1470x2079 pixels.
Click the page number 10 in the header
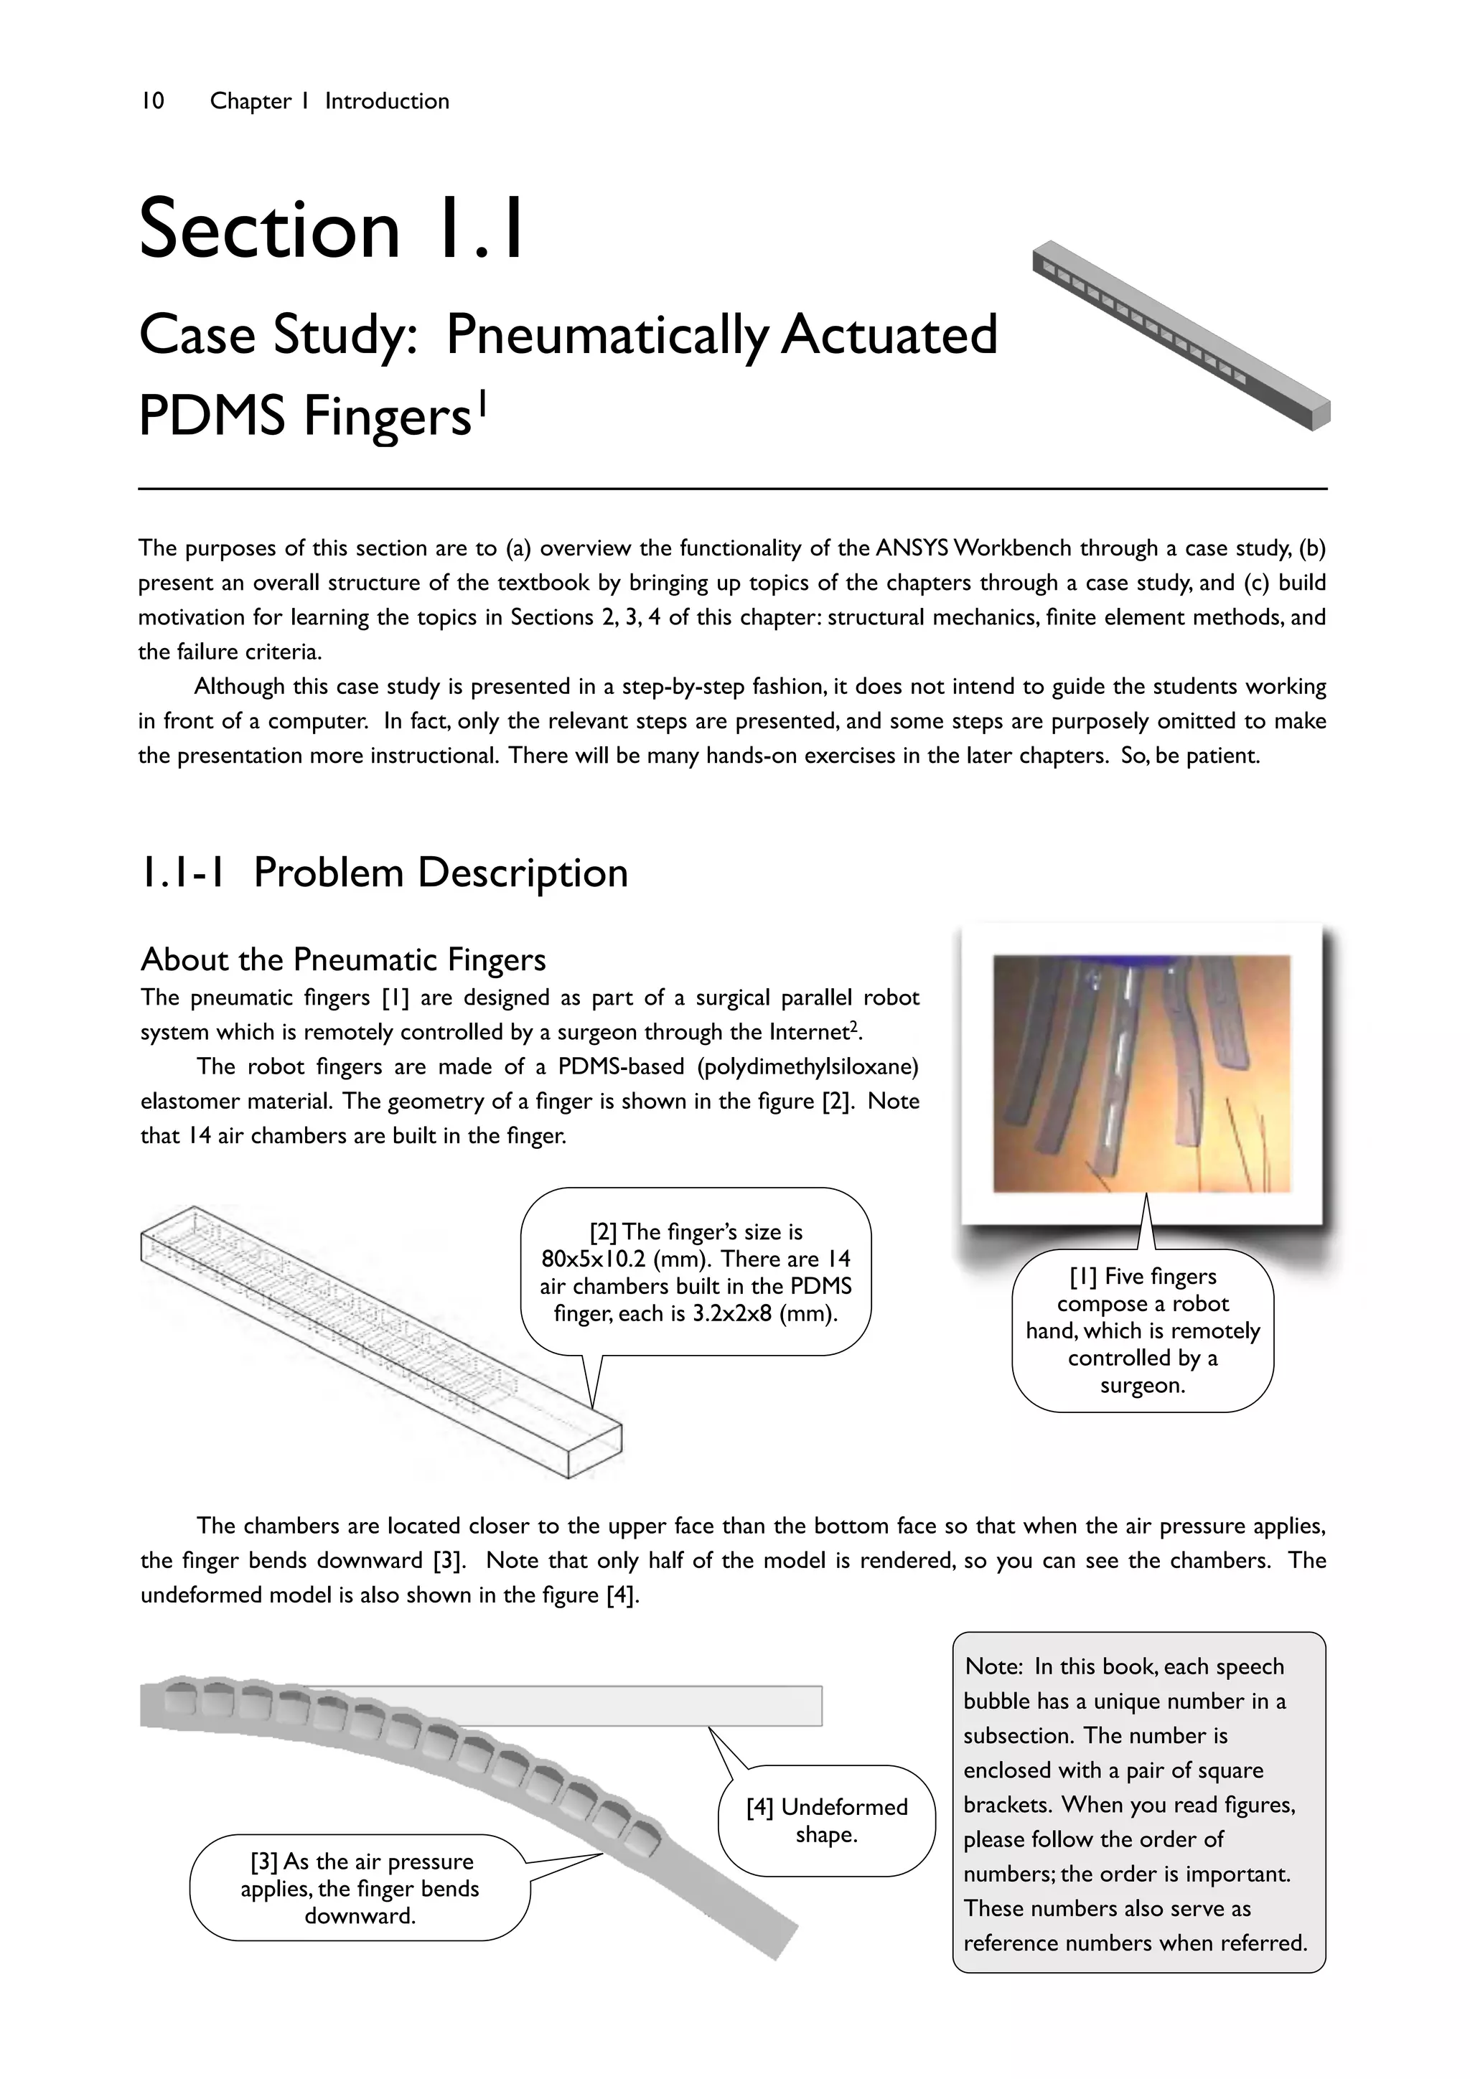(x=152, y=100)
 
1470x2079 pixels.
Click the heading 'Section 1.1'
(x=332, y=228)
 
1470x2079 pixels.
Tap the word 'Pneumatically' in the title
(x=606, y=335)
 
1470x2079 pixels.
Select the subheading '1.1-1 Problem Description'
(x=383, y=873)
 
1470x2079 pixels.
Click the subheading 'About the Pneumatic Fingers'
(x=343, y=959)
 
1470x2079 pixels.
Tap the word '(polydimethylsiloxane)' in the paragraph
(x=807, y=1066)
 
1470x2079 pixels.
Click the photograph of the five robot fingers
(x=1141, y=1073)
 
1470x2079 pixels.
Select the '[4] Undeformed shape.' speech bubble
(x=826, y=1820)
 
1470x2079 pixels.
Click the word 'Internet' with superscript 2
(x=812, y=1032)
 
